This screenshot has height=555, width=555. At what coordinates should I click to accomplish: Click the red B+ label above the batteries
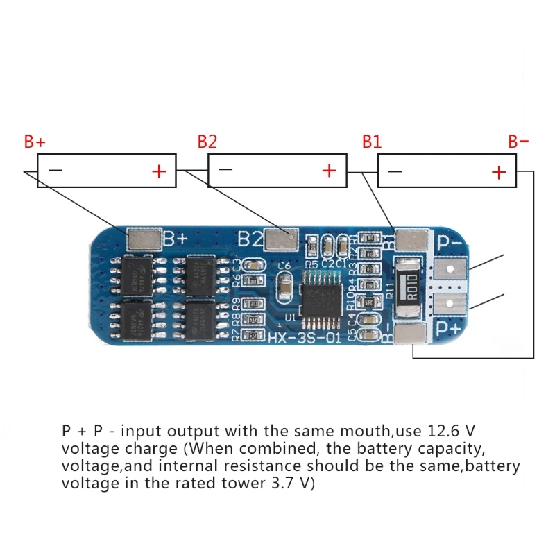[x=35, y=142]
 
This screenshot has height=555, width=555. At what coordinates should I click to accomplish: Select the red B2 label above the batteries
[x=207, y=142]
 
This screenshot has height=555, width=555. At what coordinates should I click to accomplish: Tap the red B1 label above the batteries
[x=372, y=142]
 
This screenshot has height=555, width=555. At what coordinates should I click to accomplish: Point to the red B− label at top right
[x=518, y=142]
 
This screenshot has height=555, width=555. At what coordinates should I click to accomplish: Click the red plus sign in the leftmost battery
[x=159, y=171]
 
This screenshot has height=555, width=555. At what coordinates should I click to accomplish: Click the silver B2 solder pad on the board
[x=281, y=240]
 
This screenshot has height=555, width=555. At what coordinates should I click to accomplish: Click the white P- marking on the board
[x=448, y=243]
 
